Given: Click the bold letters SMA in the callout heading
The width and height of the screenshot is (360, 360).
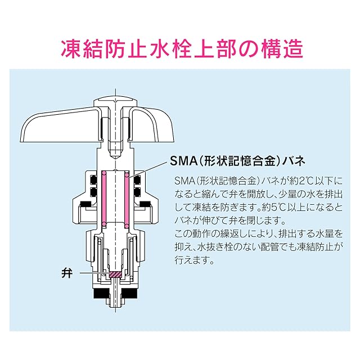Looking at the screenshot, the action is pyautogui.click(x=182, y=161).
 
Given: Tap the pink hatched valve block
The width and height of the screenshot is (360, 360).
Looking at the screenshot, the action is pyautogui.click(x=115, y=274).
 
